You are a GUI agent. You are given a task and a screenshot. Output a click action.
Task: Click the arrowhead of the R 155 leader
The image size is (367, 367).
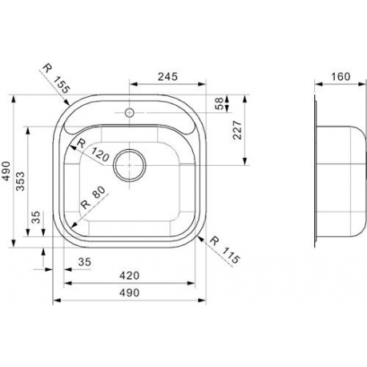click(x=67, y=103)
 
